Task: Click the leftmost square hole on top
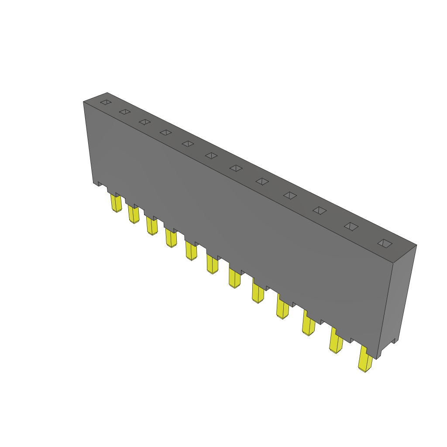coord(106,103)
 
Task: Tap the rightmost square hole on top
coord(385,244)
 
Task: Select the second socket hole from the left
coord(125,112)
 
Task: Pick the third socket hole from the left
coord(145,122)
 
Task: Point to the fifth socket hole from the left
coord(188,144)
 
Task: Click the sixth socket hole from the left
coord(211,155)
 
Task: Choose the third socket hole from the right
coord(320,211)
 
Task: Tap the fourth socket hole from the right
coord(290,196)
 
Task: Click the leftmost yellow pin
coord(116,204)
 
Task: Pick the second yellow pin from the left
coord(134,215)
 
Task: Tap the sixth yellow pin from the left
coord(212,265)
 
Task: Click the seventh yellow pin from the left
coord(234,279)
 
